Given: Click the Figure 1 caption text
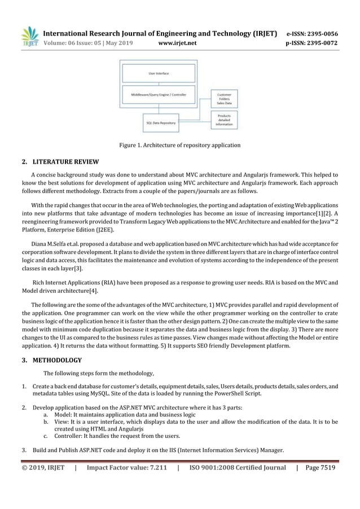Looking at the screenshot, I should click(179, 146).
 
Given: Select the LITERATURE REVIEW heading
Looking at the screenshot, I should click(66, 163).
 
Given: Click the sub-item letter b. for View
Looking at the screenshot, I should click(45, 421).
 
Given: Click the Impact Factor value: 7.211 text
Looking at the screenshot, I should click(126, 467).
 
